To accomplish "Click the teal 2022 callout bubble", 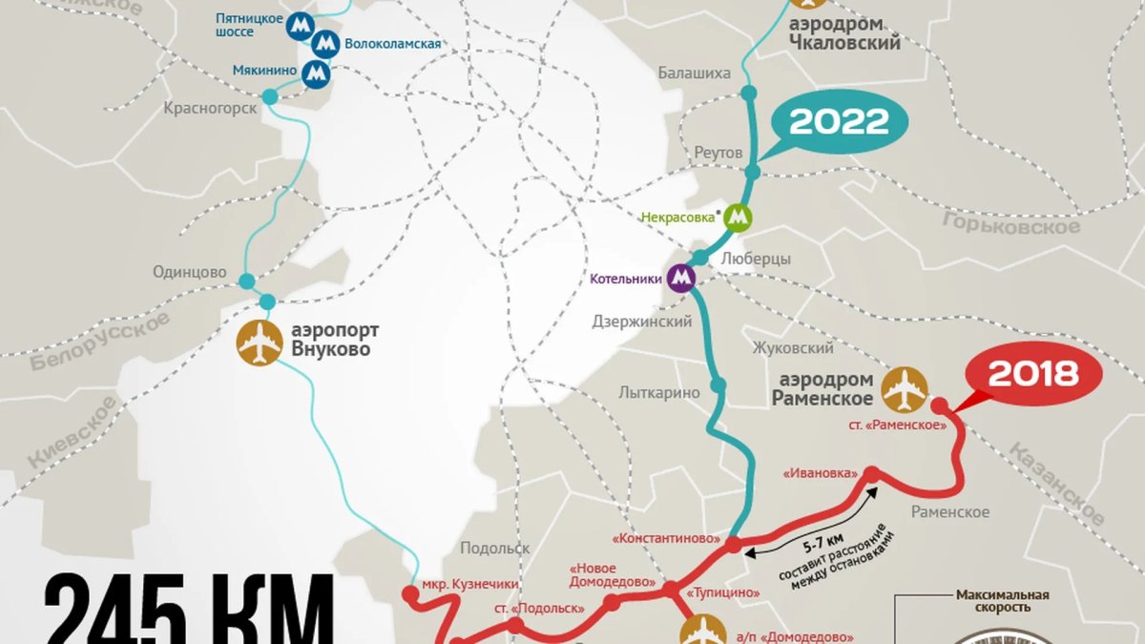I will coord(839,121).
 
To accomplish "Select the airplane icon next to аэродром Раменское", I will coord(905,388).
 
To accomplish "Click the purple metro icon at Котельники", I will coord(681,278).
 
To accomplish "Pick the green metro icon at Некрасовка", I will coord(738,218).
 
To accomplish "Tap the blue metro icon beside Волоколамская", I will coord(325,44).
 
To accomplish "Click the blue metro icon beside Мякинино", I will coord(316,73).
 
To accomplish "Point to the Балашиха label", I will coord(694,73).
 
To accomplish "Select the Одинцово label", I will coord(190,273).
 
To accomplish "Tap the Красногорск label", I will coord(210,108).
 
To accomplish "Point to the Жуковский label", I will coord(793,348).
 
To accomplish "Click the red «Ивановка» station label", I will coord(819,473).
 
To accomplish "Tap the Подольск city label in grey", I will coord(494,548).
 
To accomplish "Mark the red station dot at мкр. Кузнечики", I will coord(410,594).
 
